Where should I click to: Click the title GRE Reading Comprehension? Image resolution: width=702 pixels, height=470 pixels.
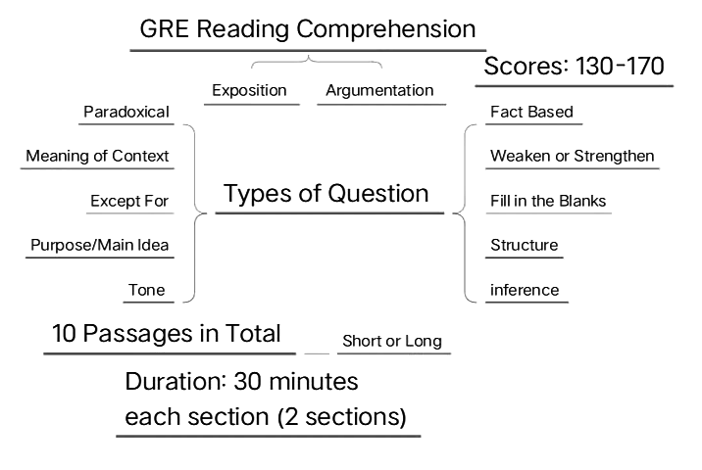[308, 28]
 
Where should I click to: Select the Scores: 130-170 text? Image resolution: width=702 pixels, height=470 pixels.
[575, 67]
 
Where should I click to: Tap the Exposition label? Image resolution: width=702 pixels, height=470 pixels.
[250, 90]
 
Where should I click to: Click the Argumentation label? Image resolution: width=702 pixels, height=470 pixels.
[379, 90]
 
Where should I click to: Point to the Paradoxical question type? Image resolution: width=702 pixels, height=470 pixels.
[126, 112]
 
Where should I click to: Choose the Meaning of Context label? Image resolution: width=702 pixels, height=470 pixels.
[97, 156]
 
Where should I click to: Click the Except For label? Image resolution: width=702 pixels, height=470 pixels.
[129, 201]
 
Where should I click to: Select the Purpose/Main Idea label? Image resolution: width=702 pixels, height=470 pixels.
[100, 245]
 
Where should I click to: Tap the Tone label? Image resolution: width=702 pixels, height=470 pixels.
[146, 290]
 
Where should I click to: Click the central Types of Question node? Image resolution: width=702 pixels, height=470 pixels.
[326, 193]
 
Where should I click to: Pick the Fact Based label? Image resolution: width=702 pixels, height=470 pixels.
[531, 112]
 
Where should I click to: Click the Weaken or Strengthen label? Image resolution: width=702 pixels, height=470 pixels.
[572, 156]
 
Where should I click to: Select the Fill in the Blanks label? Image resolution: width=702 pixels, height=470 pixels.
[548, 201]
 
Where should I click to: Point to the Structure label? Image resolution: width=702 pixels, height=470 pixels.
[524, 245]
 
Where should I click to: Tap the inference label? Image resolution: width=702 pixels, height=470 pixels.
[525, 290]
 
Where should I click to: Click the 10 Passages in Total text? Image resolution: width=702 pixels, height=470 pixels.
[167, 333]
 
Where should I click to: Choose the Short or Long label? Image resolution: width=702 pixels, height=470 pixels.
[391, 342]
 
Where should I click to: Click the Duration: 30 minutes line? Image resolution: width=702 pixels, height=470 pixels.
[241, 380]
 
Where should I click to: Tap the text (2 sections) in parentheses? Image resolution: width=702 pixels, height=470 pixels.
[341, 416]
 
